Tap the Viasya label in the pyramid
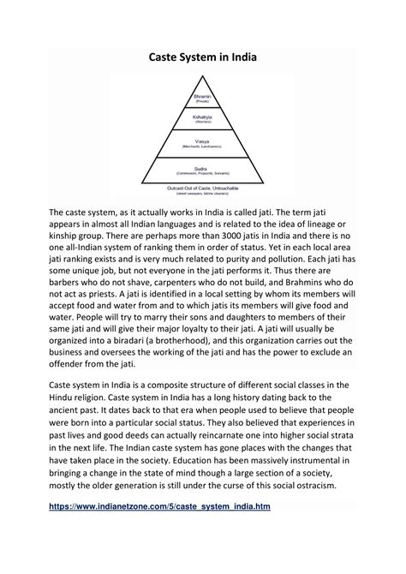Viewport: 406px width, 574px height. click(203, 142)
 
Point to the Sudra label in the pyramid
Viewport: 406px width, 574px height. click(203, 170)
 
